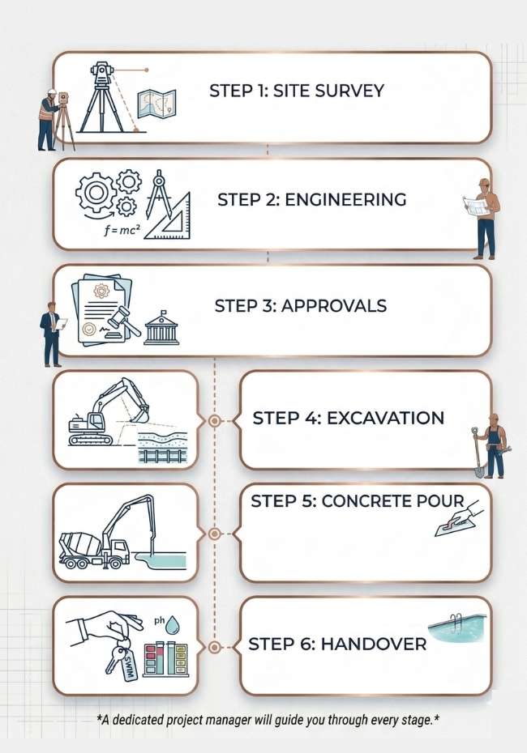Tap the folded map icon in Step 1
pos(155,104)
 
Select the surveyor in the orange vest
pos(49,119)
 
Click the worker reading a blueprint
pos(484,217)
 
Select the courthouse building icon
pos(161,327)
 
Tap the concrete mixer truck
pos(92,551)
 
